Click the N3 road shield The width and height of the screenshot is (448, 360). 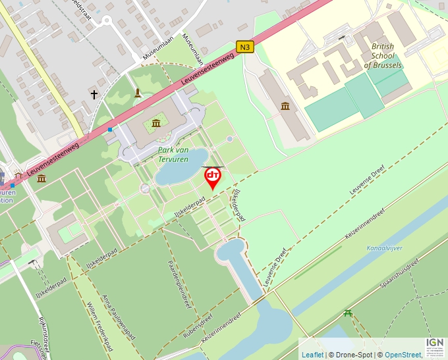click(x=245, y=47)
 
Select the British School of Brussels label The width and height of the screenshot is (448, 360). click(x=383, y=56)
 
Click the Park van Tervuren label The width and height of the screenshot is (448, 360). click(x=173, y=155)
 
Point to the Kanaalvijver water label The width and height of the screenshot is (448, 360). click(x=384, y=248)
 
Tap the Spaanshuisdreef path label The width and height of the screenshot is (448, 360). click(x=399, y=275)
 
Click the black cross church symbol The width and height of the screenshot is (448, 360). click(x=94, y=95)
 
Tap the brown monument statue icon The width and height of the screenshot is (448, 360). click(x=137, y=93)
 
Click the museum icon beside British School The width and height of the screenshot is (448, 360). click(x=285, y=107)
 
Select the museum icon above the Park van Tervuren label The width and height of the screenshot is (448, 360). click(x=156, y=123)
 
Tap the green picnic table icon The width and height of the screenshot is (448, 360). click(x=348, y=313)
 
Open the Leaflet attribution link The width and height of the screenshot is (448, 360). click(x=312, y=355)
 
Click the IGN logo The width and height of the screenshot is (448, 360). click(x=435, y=344)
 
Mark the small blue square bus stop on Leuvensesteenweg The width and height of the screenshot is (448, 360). click(x=110, y=130)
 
